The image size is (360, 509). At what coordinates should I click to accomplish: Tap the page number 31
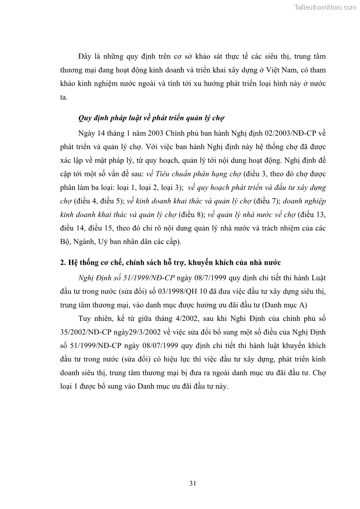click(192, 483)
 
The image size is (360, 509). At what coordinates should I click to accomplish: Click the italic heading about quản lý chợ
click(152, 118)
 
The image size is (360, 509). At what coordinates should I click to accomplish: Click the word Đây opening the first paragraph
click(85, 57)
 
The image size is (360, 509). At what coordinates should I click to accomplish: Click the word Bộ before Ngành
click(66, 242)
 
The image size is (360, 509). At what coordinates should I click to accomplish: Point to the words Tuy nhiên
click(94, 318)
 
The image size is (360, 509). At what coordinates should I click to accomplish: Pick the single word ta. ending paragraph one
click(63, 97)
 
